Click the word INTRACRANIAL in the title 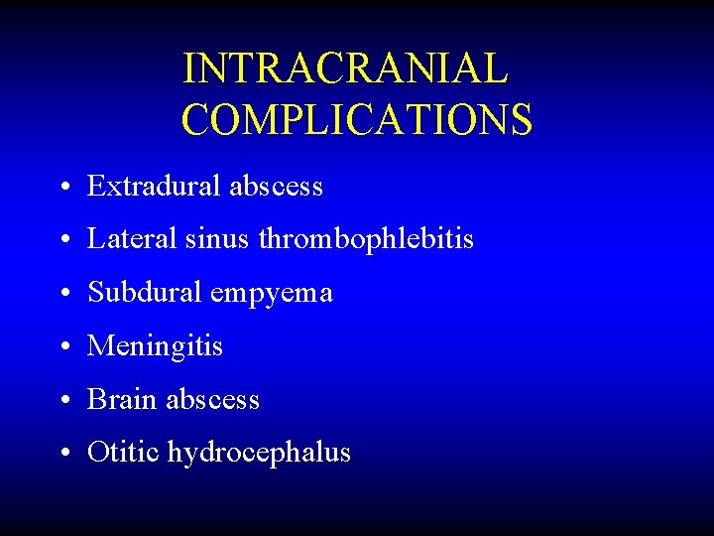[345, 68]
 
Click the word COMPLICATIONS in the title [357, 119]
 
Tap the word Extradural [155, 186]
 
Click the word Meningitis [156, 346]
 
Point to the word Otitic [123, 453]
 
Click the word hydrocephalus [259, 454]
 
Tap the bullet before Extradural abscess [63, 188]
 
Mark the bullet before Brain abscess [63, 401]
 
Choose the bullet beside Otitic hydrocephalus [63, 455]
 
